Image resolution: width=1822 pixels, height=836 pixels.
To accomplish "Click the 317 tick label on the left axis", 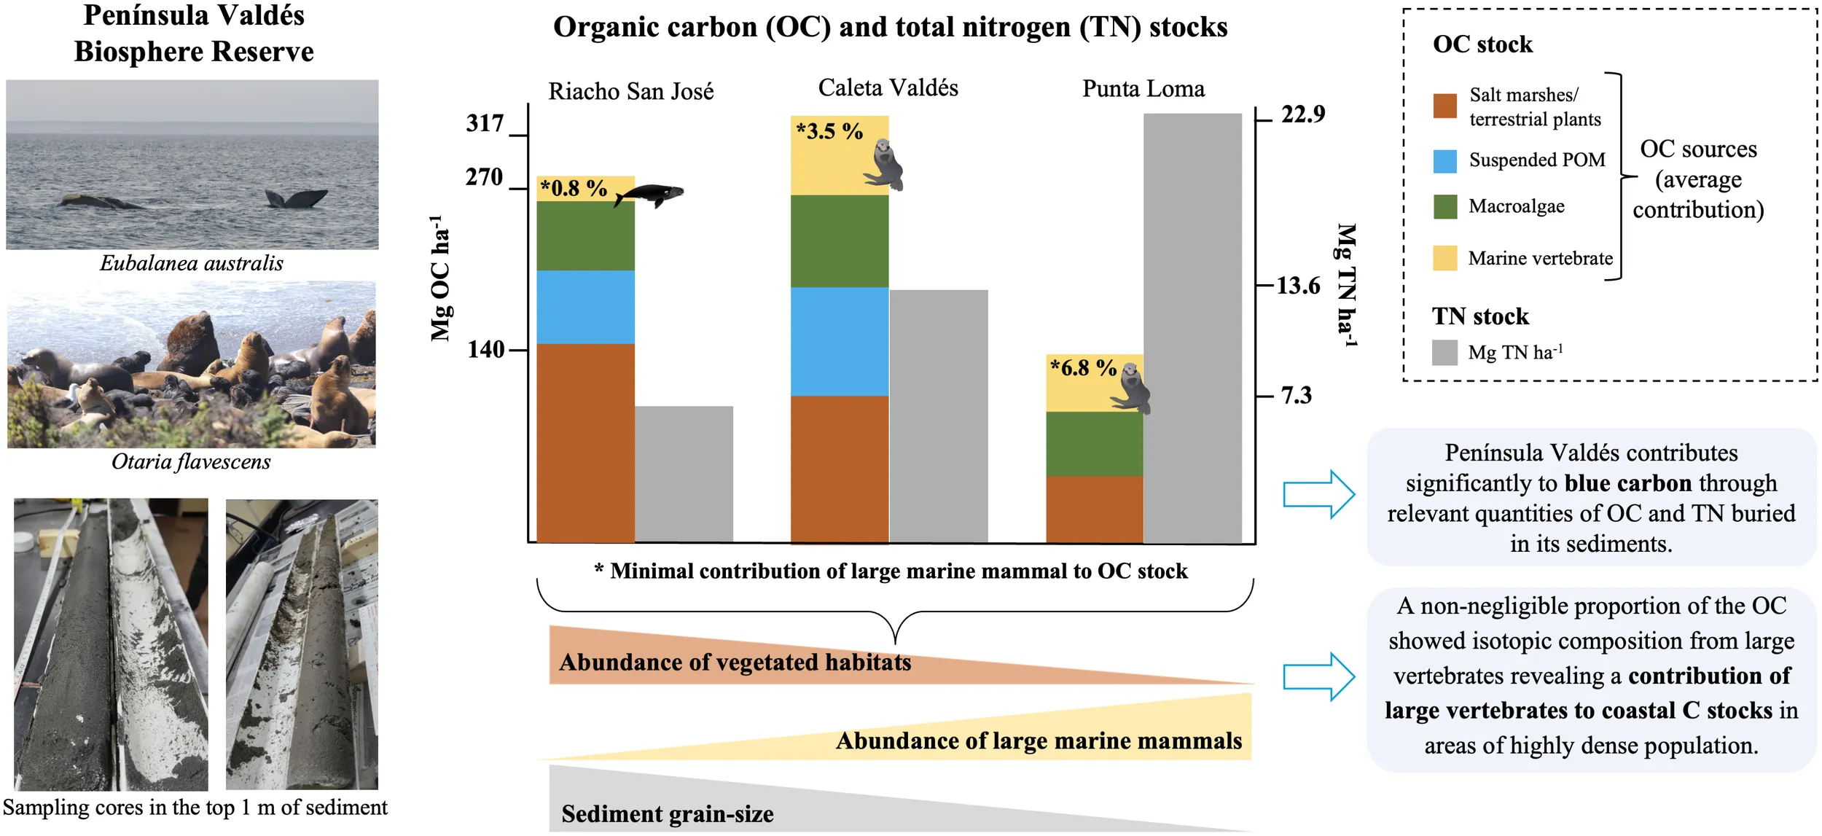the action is [485, 123].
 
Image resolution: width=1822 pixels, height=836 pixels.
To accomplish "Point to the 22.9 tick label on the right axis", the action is [1303, 114].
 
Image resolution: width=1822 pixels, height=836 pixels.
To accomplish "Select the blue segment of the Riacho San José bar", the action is [585, 307].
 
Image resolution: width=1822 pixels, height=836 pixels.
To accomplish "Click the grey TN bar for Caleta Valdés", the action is [939, 416].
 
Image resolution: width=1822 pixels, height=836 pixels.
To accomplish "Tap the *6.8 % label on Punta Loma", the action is [1083, 367].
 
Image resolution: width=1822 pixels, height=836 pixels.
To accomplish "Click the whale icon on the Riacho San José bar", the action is [649, 195].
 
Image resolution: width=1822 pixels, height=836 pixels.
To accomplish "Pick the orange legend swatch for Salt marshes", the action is [1444, 106].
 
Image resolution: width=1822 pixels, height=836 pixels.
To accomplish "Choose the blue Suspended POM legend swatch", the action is [1444, 161].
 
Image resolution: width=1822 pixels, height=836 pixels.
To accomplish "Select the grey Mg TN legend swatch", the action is [1444, 353].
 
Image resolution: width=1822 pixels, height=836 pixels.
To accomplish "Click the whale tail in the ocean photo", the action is [296, 198].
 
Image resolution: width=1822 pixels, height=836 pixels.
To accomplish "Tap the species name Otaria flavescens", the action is [191, 462].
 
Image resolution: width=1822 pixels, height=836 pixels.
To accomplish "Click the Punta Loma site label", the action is [1143, 89].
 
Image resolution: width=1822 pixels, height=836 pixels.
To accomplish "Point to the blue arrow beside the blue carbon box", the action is [1318, 494].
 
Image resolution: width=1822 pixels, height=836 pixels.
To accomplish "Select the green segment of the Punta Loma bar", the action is [1094, 444].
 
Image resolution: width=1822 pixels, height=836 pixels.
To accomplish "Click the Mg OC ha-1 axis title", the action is [440, 278].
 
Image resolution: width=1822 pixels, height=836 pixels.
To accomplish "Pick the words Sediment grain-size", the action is [668, 814].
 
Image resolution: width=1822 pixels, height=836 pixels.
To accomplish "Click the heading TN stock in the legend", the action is [1480, 316].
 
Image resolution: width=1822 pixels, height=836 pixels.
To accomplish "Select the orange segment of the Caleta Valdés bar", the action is [840, 469].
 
